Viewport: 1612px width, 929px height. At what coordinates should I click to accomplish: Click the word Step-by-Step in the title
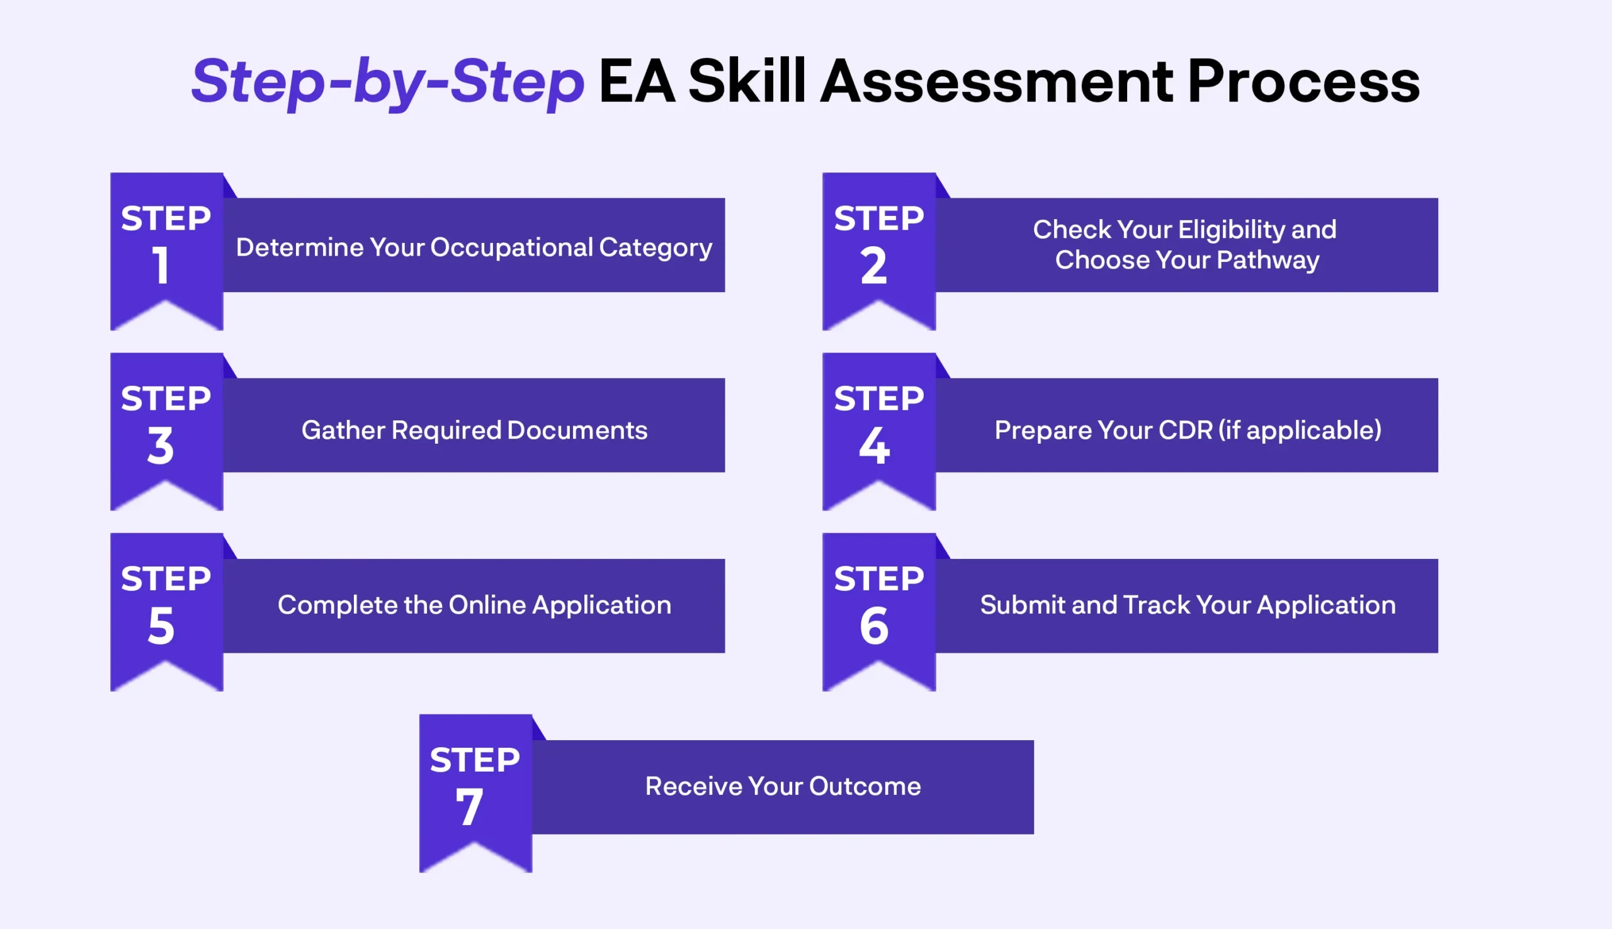click(x=387, y=83)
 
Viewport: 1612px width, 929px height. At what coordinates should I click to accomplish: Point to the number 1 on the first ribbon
click(x=160, y=265)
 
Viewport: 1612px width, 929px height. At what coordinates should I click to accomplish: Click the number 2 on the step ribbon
click(x=873, y=266)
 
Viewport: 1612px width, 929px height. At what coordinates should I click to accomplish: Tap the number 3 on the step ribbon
click(x=160, y=446)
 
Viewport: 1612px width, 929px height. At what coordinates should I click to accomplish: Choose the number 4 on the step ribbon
click(x=874, y=446)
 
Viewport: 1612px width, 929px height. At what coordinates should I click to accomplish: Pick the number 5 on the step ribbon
click(x=161, y=626)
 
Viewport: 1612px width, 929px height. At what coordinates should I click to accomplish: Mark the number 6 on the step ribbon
click(x=873, y=626)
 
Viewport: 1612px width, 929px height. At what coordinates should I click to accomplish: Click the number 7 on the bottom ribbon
click(x=469, y=807)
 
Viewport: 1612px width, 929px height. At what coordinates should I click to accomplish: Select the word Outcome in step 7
click(x=865, y=787)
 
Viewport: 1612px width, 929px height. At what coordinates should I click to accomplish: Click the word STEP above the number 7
click(x=475, y=760)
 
